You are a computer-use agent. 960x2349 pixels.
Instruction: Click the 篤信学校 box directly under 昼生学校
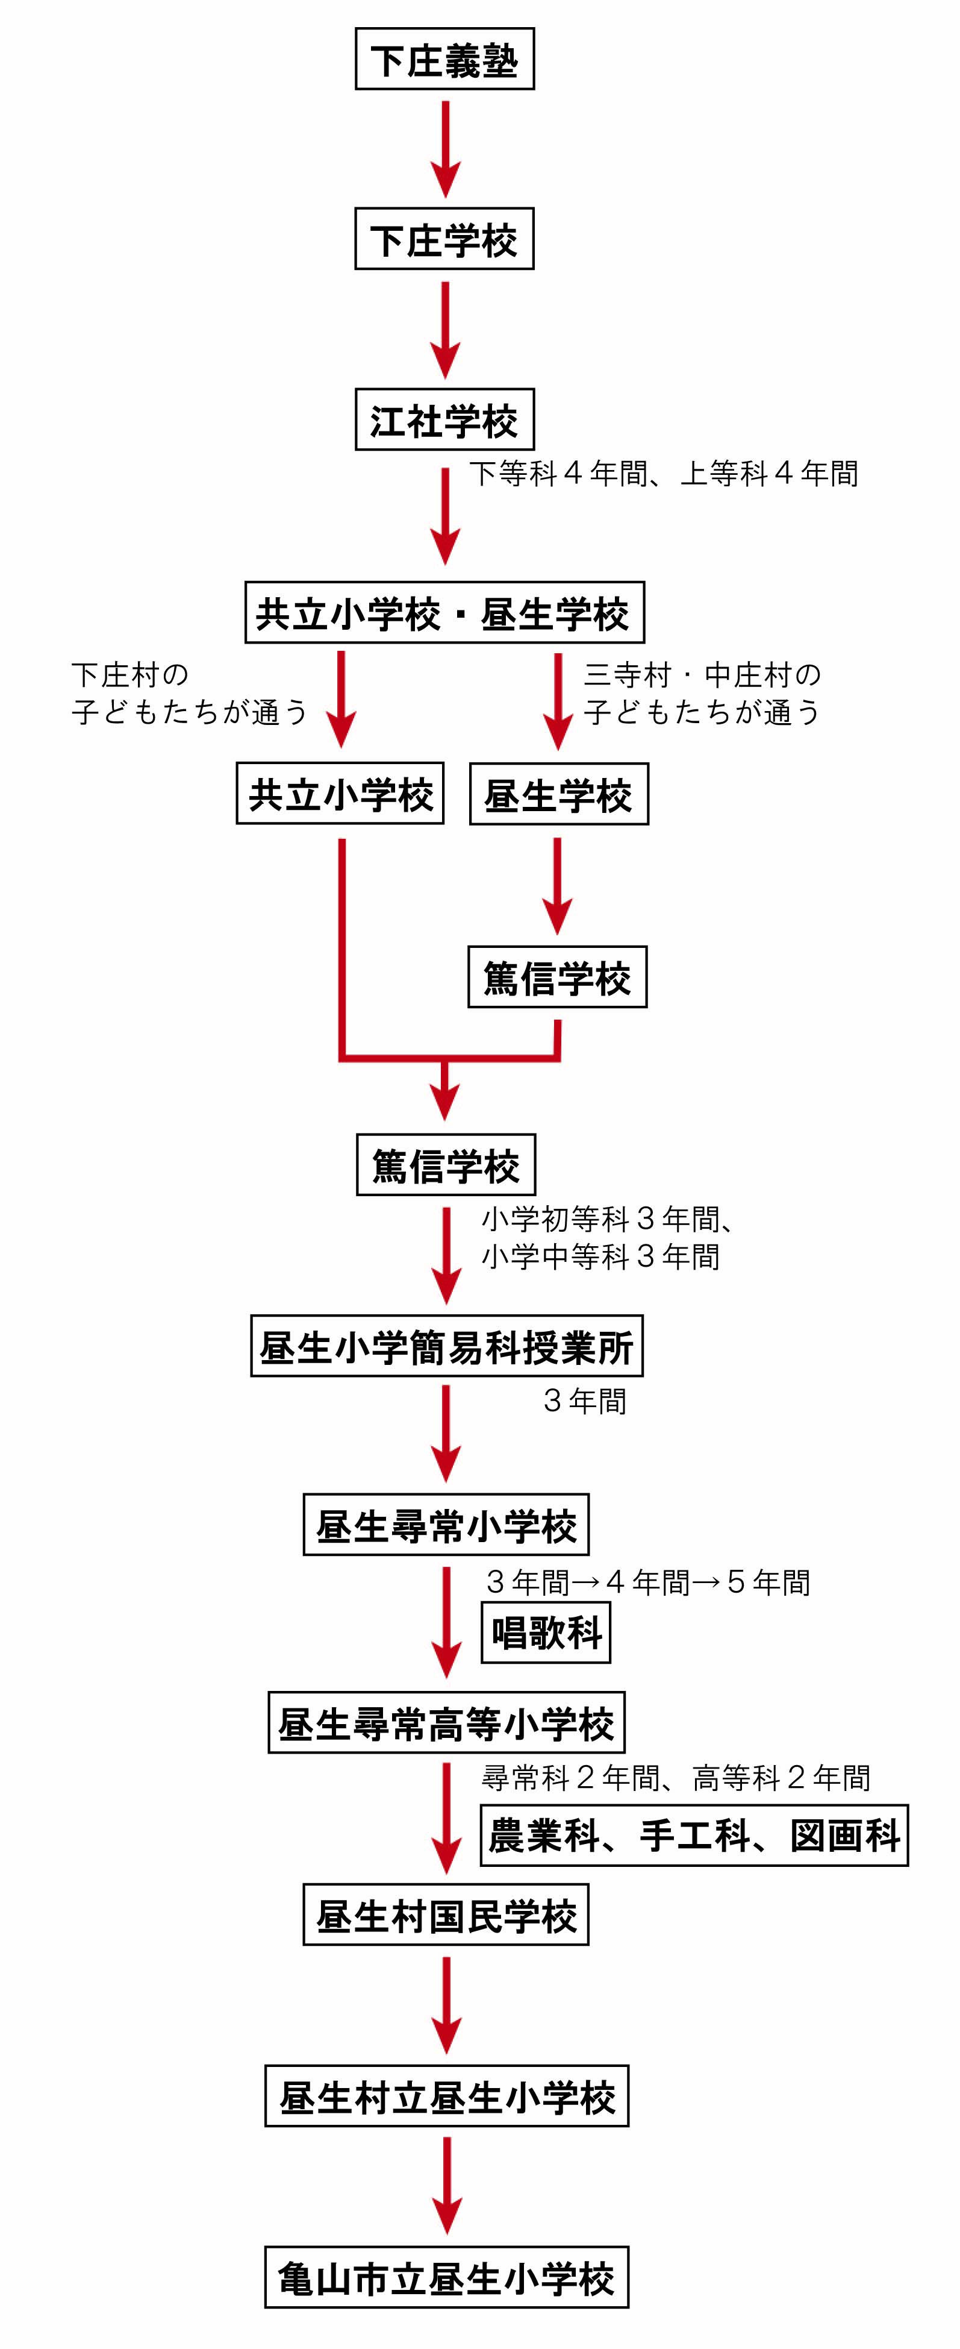coord(557,977)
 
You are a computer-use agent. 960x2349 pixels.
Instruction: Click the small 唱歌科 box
coord(545,1633)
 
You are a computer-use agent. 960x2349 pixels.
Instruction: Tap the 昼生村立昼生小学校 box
coord(447,2097)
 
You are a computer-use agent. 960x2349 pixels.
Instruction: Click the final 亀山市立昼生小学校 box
coord(447,2277)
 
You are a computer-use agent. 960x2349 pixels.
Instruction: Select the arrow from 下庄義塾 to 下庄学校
coord(445,149)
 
